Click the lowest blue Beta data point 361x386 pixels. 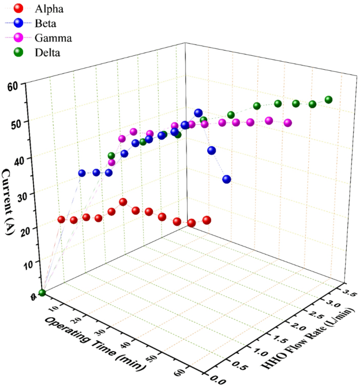[227, 179]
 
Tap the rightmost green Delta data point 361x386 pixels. [329, 100]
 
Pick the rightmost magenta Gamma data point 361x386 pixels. [288, 123]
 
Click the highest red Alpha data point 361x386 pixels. [123, 202]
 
